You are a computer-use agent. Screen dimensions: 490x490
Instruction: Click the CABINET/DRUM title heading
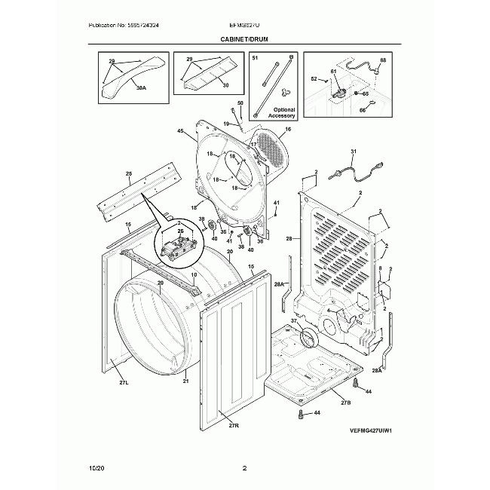pos(244,38)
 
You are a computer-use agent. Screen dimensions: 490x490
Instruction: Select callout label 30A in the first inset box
pos(141,87)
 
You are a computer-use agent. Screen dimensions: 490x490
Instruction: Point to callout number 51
pos(254,58)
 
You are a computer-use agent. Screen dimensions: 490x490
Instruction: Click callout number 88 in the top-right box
pos(382,60)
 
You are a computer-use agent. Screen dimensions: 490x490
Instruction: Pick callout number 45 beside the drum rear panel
pos(180,132)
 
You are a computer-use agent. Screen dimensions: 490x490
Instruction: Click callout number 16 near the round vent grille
pos(287,130)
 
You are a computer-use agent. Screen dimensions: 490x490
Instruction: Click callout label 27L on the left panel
pos(124,383)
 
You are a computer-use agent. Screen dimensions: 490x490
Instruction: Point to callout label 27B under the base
pos(345,403)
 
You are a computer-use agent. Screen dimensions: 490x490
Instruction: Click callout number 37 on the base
pos(294,320)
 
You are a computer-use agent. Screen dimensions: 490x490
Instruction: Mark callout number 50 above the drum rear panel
pos(240,103)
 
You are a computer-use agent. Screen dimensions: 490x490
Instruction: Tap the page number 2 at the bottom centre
pos(244,469)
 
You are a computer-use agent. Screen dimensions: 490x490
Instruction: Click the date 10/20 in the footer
pos(96,469)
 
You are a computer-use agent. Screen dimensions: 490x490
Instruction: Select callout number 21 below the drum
pos(185,381)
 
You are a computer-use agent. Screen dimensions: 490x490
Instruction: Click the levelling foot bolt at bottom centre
pos(302,414)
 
